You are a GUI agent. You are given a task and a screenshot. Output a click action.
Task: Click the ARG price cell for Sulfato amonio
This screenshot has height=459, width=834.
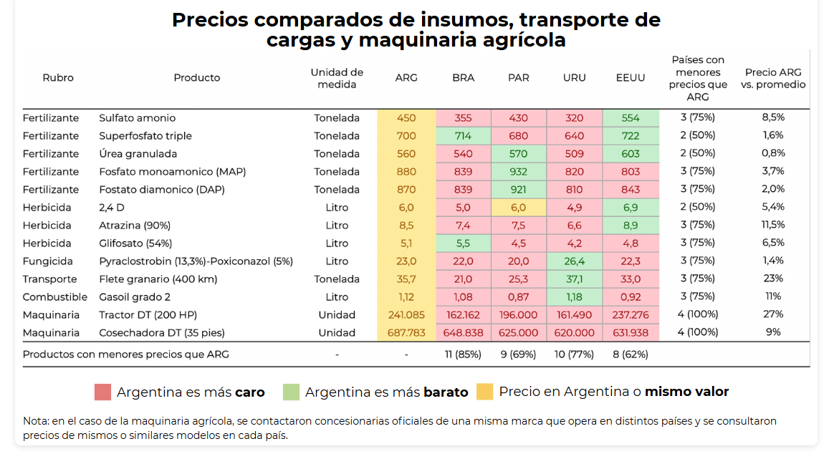(406, 118)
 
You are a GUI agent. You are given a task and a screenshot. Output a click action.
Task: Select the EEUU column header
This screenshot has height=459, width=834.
(631, 77)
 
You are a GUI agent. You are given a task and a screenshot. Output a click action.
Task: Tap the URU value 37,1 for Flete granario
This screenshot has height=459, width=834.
(574, 279)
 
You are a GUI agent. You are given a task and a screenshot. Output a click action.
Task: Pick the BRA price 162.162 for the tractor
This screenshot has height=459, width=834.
(463, 315)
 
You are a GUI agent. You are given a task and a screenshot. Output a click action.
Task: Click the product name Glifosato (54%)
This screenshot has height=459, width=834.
(135, 243)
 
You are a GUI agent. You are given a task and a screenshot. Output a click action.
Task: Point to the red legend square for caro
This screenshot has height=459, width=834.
(102, 392)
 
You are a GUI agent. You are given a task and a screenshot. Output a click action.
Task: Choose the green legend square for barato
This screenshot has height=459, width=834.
(291, 392)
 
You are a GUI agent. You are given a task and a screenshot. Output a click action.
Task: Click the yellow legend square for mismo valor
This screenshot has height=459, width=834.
(484, 392)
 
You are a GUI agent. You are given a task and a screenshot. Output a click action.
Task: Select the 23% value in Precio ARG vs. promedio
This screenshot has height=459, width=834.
(773, 279)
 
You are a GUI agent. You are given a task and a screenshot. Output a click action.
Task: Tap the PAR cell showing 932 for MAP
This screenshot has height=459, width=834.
(519, 172)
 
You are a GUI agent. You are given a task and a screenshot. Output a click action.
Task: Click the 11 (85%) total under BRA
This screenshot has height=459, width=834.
(463, 354)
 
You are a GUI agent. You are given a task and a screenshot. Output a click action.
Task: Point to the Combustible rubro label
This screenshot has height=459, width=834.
(54, 297)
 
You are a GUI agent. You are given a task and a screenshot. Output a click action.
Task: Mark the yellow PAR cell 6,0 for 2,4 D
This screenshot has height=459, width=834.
(519, 208)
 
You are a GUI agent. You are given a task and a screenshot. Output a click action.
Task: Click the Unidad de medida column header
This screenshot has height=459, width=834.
(337, 78)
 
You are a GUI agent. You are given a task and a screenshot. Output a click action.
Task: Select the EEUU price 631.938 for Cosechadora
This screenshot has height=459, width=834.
(631, 333)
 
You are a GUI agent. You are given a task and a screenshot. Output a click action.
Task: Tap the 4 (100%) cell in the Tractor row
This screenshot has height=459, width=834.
(697, 314)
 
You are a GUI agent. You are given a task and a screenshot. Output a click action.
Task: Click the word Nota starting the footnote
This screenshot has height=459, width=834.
(35, 421)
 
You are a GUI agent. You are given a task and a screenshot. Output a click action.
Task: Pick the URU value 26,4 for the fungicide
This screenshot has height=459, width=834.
(574, 261)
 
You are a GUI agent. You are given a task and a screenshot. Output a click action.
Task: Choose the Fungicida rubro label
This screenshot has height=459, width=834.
(47, 261)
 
